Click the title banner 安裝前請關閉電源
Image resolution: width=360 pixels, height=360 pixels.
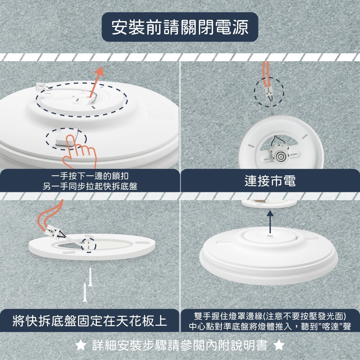coord(180,27)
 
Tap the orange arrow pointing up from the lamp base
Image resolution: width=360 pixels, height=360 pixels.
coord(96,81)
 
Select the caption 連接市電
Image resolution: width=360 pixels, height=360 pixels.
coord(270,181)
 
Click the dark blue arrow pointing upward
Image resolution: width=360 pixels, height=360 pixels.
coord(270,222)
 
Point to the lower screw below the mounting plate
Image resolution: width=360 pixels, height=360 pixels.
coord(85,292)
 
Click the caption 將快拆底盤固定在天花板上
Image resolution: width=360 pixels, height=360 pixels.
coord(90,320)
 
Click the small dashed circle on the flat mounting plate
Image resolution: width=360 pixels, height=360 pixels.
coord(89,245)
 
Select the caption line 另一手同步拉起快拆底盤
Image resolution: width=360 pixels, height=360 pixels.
coord(90,186)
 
